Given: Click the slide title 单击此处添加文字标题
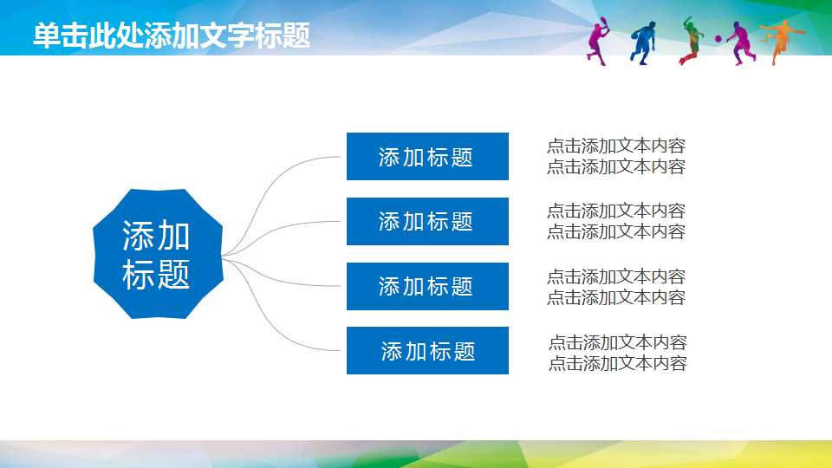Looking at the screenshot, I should pos(172,36).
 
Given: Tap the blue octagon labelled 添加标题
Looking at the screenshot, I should pos(157,253).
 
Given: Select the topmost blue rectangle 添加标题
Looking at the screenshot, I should pos(427,157).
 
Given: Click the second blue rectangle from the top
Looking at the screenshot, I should pos(427,222).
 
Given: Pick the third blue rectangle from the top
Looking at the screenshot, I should pos(427,286).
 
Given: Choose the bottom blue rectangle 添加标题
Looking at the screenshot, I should pos(427,351).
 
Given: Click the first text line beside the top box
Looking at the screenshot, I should pos(615,146).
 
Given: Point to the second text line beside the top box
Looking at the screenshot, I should pos(615,167).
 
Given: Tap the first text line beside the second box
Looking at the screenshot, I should pos(615,211).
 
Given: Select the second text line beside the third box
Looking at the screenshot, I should pos(615,297).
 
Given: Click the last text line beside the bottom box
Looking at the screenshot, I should pos(617,363).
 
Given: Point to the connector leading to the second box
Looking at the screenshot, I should pos(277,230).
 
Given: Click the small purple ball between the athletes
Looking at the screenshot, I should pos(719,39).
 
